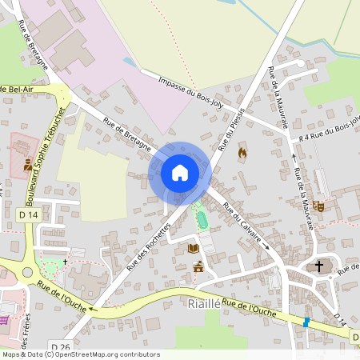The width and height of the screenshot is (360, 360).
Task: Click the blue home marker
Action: click(179, 172)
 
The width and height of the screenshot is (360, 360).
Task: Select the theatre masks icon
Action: click(318, 206)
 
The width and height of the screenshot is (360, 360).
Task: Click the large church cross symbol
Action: click(319, 266)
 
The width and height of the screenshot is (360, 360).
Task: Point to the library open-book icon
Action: click(193, 249)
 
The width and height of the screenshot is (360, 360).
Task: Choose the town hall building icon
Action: click(198, 266)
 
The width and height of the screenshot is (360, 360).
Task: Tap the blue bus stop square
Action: click(305, 322)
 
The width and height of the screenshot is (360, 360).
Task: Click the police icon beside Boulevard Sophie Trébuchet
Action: click(28, 166)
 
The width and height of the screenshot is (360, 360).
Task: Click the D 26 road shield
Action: click(59, 346)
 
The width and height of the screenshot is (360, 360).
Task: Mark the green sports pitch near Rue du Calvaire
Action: click(201, 216)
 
